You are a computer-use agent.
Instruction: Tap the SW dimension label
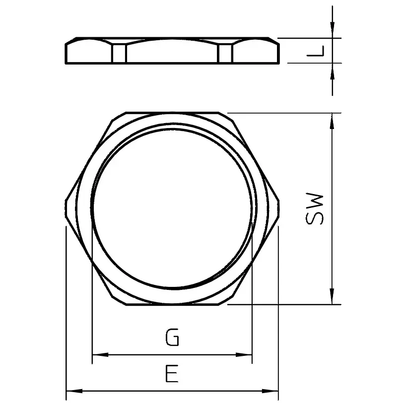(x=315, y=209)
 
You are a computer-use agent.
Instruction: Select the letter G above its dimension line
(x=172, y=339)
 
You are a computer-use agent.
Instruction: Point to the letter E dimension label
(x=171, y=374)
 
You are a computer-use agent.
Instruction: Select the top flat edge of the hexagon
(x=172, y=113)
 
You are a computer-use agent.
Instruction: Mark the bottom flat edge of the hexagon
(x=172, y=305)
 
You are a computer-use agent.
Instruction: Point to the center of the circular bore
(x=172, y=208)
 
